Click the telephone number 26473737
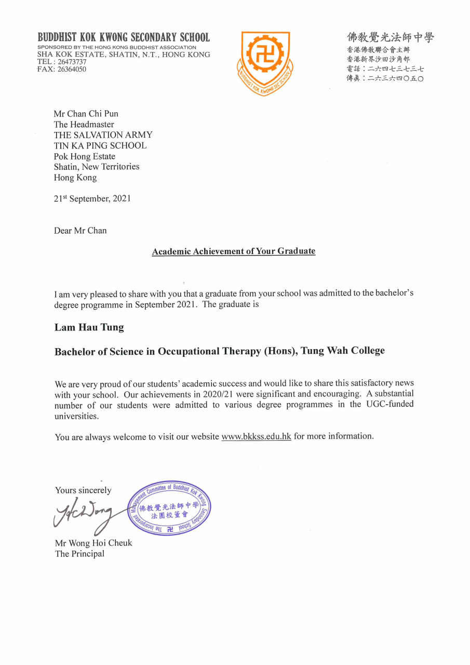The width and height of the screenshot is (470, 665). tap(72, 62)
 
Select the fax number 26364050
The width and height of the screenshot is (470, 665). tap(72, 69)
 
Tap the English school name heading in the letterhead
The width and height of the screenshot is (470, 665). tap(124, 37)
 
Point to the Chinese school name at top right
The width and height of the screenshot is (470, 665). tap(391, 37)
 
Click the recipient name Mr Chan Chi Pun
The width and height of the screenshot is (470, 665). tap(86, 114)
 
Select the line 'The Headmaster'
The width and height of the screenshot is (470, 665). tap(84, 124)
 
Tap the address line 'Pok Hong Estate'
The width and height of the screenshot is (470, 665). tap(85, 156)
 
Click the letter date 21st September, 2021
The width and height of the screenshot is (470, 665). tap(92, 198)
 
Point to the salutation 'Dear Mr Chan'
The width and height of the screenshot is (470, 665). tap(80, 231)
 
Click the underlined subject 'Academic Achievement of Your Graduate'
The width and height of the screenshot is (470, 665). tap(234, 251)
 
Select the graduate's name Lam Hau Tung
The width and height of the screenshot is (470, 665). tap(89, 328)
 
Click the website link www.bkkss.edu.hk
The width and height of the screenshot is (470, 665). tap(256, 436)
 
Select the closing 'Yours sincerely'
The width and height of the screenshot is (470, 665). tap(83, 490)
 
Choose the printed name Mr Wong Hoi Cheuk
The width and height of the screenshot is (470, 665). tap(93, 543)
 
